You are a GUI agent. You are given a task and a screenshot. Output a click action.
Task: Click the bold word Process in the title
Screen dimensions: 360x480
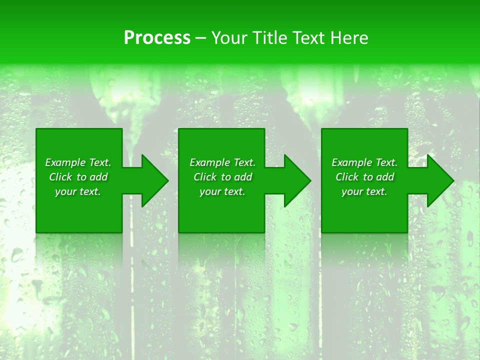pyautogui.click(x=157, y=38)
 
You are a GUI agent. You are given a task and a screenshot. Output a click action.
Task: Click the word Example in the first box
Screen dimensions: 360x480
pyautogui.click(x=65, y=162)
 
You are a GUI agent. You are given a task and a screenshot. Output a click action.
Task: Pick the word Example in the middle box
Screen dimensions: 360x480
pyautogui.click(x=210, y=162)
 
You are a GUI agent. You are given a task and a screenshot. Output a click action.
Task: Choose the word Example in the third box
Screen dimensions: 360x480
pyautogui.click(x=352, y=162)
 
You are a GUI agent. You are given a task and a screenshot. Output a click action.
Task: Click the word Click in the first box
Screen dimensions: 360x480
pyautogui.click(x=61, y=177)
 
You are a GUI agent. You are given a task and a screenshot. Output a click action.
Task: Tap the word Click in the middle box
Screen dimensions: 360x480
pyautogui.click(x=205, y=177)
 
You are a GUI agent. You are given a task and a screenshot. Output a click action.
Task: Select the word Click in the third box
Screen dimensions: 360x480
pyautogui.click(x=347, y=177)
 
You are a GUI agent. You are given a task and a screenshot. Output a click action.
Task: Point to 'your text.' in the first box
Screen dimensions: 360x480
pyautogui.click(x=78, y=191)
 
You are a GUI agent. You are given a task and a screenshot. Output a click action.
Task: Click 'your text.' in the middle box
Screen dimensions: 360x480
pyautogui.click(x=222, y=191)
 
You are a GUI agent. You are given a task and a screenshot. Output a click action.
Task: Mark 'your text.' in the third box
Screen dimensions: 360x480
pyautogui.click(x=364, y=191)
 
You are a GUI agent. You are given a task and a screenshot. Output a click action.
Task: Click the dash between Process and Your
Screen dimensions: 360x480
pyautogui.click(x=201, y=38)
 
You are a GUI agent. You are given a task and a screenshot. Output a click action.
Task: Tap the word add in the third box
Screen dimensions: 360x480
pyautogui.click(x=385, y=177)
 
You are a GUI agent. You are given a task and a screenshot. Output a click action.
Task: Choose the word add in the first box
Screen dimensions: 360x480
pyautogui.click(x=98, y=177)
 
